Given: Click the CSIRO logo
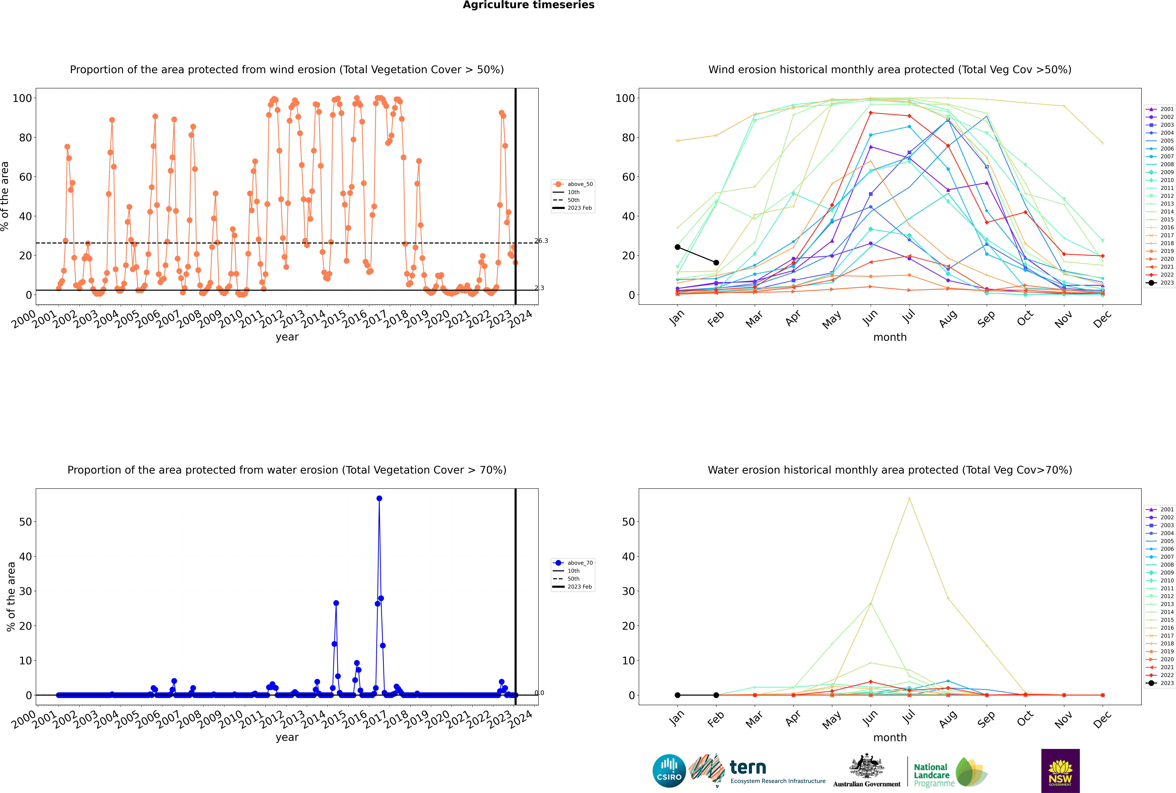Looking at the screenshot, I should pyautogui.click(x=669, y=771).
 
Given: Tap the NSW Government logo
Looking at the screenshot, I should pyautogui.click(x=1060, y=770).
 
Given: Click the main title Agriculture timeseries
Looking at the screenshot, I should pyautogui.click(x=528, y=5).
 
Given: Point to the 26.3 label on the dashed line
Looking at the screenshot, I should pyautogui.click(x=541, y=241).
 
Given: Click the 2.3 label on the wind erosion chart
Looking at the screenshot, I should pyautogui.click(x=540, y=288).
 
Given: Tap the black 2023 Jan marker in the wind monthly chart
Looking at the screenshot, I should pyautogui.click(x=678, y=247).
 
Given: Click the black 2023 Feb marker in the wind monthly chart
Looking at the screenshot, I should pyautogui.click(x=716, y=262).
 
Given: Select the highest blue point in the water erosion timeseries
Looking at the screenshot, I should pyautogui.click(x=379, y=498).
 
